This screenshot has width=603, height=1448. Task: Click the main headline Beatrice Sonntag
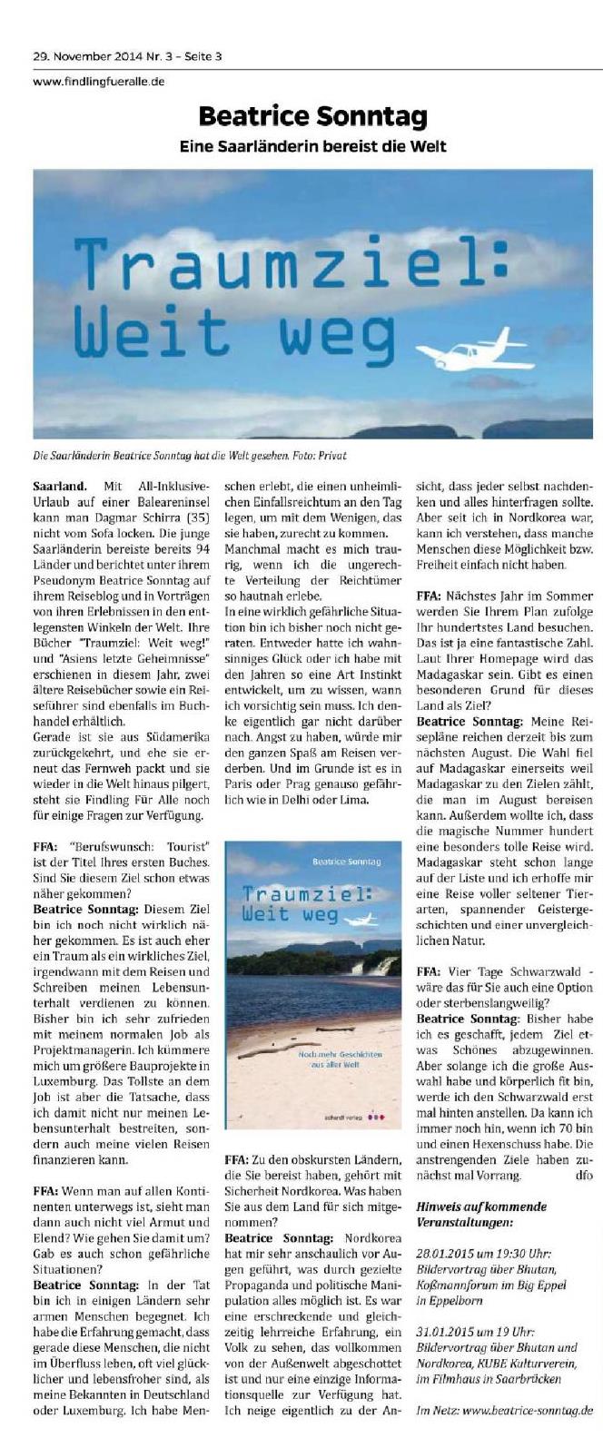coord(311,117)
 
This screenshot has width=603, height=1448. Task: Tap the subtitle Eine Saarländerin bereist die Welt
coord(311,145)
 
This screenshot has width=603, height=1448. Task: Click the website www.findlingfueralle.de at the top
coord(99,81)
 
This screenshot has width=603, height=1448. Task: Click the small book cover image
coord(312,985)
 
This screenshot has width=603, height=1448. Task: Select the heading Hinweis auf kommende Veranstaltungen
coord(480,1214)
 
